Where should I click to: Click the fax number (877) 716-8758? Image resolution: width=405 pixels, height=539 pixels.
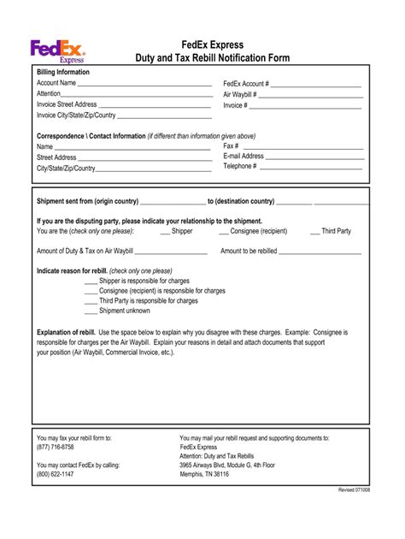click(56, 447)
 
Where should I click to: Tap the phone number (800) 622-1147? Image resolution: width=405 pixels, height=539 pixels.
click(56, 475)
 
